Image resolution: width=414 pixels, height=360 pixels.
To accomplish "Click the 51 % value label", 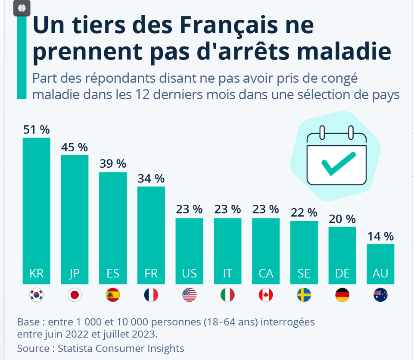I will [x=37, y=130].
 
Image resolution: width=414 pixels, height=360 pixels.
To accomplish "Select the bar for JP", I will [x=75, y=216].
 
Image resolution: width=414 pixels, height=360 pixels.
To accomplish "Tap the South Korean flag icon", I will [x=37, y=295].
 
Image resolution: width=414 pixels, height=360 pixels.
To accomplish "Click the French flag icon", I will [x=151, y=295].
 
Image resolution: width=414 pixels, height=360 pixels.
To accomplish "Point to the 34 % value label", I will [x=151, y=178].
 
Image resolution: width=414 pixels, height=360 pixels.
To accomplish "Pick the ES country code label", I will [x=113, y=273].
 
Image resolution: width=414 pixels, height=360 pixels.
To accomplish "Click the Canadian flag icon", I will [x=266, y=295].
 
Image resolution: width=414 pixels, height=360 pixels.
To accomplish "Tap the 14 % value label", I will [x=380, y=236].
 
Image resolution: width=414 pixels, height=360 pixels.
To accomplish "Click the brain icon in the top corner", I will [x=22, y=7].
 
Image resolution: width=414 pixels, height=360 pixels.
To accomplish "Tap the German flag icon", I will [x=342, y=295].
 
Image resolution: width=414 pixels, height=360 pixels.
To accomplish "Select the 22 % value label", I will [x=304, y=213].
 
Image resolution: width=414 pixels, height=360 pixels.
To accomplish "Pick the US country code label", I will [x=189, y=273].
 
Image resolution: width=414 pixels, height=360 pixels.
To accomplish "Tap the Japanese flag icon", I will [x=75, y=295].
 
